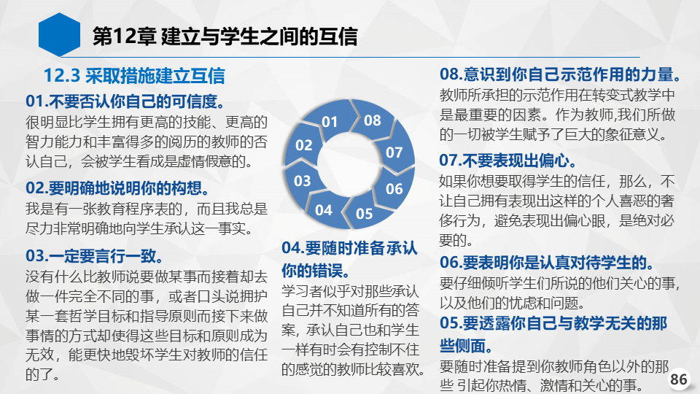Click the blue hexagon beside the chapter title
tap(59, 35)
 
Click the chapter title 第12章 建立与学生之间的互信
tap(225, 36)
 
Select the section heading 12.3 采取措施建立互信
tap(134, 75)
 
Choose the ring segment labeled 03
tap(302, 181)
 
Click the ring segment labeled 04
tap(324, 209)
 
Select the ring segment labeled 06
tap(394, 188)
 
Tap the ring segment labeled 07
tap(394, 152)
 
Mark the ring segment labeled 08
tap(372, 120)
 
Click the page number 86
tap(679, 379)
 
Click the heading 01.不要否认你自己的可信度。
tap(125, 101)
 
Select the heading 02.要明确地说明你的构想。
tap(117, 188)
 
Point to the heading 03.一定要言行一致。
tap(94, 256)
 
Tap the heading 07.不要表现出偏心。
tap(508, 161)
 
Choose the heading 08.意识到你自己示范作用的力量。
tap(560, 74)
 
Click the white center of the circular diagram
tap(349, 164)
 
